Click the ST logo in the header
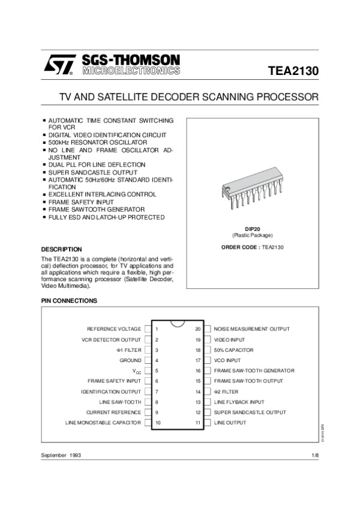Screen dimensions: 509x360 (x=58, y=65)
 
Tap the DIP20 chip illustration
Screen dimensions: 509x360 (x=251, y=195)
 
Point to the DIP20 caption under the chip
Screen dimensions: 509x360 (x=251, y=229)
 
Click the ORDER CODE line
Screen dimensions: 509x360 (x=251, y=247)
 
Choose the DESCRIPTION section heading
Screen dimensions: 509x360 (x=61, y=249)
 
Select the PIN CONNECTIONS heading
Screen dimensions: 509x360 (x=68, y=300)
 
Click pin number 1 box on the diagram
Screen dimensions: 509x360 (x=157, y=329)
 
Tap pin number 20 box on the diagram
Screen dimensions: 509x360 (x=198, y=329)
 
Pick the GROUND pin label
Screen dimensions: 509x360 (x=130, y=360)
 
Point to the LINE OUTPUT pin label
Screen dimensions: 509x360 (x=230, y=423)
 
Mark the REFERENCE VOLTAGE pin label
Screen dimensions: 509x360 (x=114, y=329)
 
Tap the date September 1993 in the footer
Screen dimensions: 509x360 (x=61, y=456)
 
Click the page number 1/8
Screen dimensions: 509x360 (x=316, y=456)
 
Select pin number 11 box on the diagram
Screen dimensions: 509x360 (x=198, y=423)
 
